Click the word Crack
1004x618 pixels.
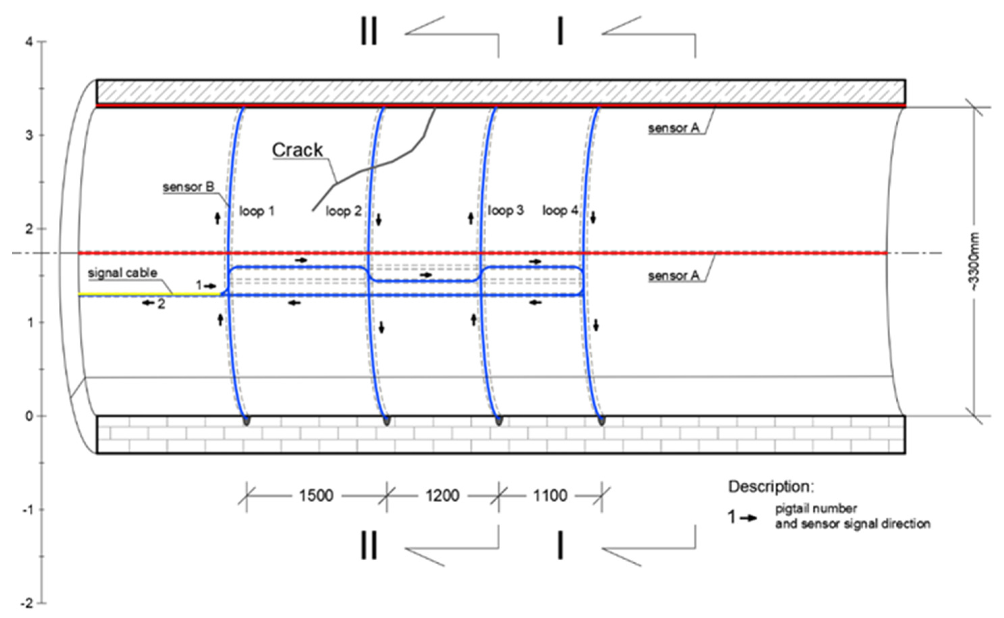tap(297, 150)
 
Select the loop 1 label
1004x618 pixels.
tap(256, 211)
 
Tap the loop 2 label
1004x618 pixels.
tap(343, 211)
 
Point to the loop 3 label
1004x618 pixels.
tap(506, 211)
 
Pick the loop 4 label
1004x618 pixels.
tap(560, 211)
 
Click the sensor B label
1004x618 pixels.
tap(188, 187)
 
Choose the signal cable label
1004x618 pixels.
tap(122, 273)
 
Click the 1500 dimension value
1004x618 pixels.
tap(316, 496)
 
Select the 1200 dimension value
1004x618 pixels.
tap(442, 496)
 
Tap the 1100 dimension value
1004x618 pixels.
tap(550, 496)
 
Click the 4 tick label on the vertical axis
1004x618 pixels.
tap(29, 42)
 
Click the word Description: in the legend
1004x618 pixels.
tap(771, 487)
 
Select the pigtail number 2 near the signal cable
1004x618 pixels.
tap(161, 304)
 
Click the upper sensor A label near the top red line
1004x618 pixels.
tap(674, 128)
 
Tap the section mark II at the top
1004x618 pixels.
tap(368, 31)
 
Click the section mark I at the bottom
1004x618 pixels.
tap(560, 546)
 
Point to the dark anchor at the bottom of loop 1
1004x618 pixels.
tap(246, 420)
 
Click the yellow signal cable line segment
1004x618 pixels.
tap(147, 294)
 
